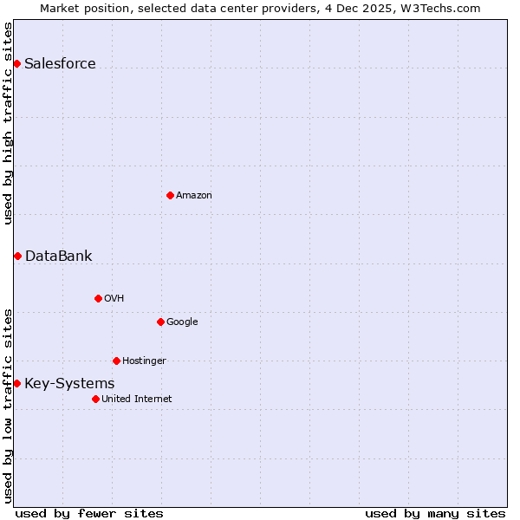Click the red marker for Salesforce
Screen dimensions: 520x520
point(16,63)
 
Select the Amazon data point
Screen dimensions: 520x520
point(170,195)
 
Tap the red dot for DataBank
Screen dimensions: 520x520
point(17,256)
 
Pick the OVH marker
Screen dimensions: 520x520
point(98,298)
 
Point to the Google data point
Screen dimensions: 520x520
point(160,322)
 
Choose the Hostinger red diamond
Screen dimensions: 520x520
point(116,361)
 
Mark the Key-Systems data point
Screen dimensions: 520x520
point(16,383)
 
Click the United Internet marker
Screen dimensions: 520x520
point(95,399)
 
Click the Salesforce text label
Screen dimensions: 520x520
point(60,63)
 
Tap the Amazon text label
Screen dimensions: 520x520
point(194,196)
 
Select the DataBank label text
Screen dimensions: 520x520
point(58,256)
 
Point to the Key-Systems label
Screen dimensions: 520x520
point(69,384)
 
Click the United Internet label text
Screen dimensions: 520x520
point(136,400)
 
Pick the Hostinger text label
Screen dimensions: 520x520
point(144,361)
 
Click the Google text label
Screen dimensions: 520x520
point(182,322)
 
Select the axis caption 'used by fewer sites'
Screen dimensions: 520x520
point(88,513)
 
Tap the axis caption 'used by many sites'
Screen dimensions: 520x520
point(435,513)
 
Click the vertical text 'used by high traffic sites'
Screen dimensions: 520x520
point(8,123)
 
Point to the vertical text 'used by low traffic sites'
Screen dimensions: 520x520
point(8,404)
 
